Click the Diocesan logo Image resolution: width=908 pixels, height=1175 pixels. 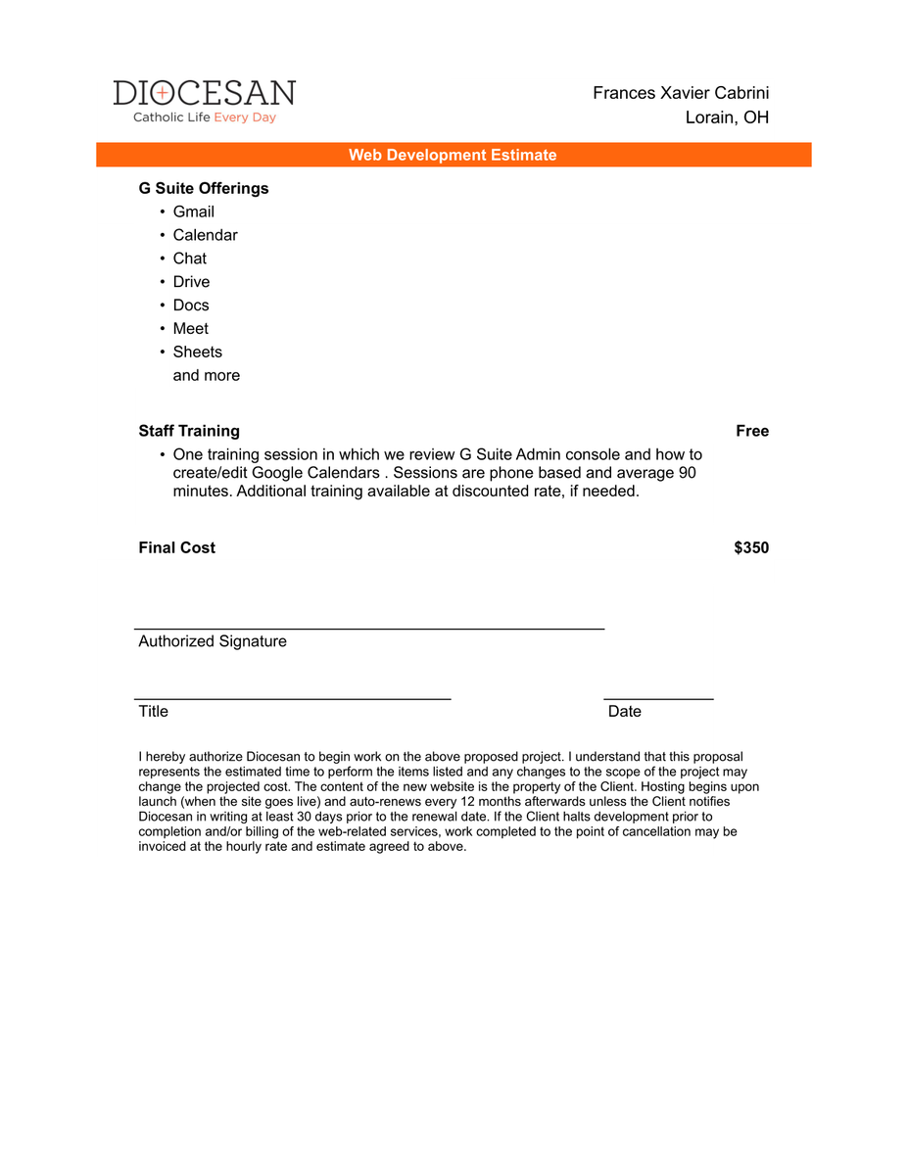click(x=204, y=94)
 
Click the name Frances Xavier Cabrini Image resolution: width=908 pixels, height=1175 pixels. click(x=680, y=93)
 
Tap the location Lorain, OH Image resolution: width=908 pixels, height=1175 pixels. click(x=727, y=117)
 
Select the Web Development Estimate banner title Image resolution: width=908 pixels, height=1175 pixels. click(x=453, y=155)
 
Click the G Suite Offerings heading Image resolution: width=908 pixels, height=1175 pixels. click(x=204, y=188)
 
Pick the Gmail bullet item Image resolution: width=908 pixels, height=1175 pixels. click(x=194, y=211)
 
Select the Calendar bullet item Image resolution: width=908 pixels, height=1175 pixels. click(x=205, y=235)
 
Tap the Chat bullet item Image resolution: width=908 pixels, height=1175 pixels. click(x=190, y=258)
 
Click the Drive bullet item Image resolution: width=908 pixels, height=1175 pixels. click(x=191, y=282)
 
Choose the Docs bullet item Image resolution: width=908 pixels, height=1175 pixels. click(x=191, y=305)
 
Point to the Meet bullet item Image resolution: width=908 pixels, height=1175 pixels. click(x=191, y=329)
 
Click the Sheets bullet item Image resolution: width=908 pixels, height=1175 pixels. click(x=198, y=352)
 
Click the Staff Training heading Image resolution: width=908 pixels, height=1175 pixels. click(x=189, y=431)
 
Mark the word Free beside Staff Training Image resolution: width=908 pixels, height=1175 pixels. click(x=752, y=431)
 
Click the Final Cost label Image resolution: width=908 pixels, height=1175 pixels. click(x=177, y=547)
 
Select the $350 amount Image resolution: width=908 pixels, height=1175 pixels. click(x=751, y=547)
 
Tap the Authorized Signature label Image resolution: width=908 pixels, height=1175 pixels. click(x=213, y=641)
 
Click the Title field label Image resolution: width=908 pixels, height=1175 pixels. click(x=154, y=711)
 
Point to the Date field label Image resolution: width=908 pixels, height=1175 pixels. click(x=625, y=711)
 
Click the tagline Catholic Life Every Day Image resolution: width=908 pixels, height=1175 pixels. click(x=205, y=117)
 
